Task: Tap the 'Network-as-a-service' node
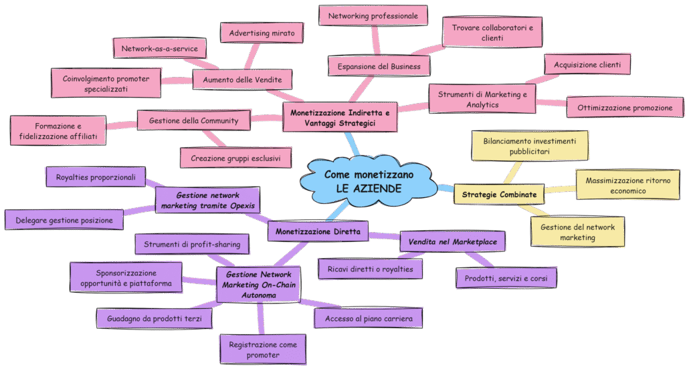(x=159, y=49)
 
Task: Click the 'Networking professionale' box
(x=373, y=15)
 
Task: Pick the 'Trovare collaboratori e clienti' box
(x=492, y=33)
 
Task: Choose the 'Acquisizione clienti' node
(x=587, y=65)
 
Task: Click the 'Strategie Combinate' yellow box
(x=499, y=195)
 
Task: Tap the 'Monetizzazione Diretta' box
(x=318, y=232)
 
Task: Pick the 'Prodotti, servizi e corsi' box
(x=506, y=277)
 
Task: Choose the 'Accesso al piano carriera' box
(x=369, y=319)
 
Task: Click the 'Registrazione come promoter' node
(x=262, y=350)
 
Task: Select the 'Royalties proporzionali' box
(x=95, y=177)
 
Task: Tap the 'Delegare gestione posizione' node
(x=64, y=219)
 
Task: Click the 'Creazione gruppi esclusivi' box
(x=236, y=158)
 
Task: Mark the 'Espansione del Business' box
(x=379, y=66)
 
